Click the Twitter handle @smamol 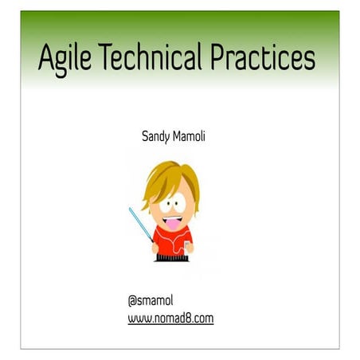pos(151,300)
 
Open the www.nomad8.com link pos(170,319)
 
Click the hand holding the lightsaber pos(155,246)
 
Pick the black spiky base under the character pos(172,258)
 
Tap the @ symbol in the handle pos(132,300)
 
